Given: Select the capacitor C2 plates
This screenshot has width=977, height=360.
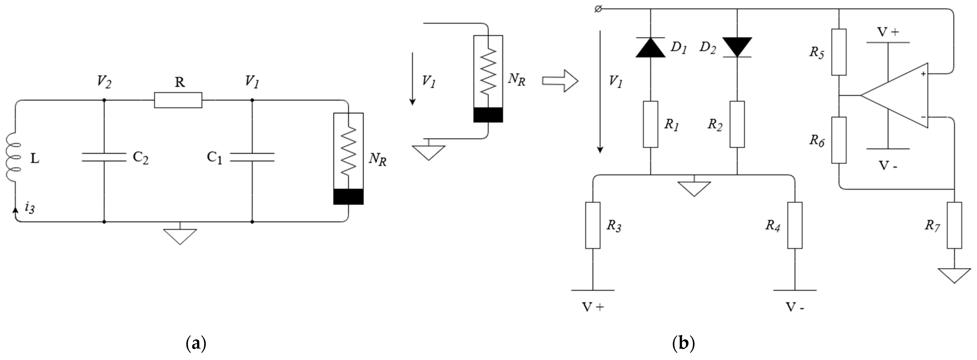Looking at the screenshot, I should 104,157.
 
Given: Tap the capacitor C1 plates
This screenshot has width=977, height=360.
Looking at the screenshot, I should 252,157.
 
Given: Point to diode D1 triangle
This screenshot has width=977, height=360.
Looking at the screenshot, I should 650,48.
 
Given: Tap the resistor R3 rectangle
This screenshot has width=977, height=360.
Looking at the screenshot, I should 593,225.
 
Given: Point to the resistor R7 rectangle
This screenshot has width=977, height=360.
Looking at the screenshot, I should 954,225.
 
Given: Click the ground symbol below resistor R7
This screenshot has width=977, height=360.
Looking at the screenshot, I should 954,275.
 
